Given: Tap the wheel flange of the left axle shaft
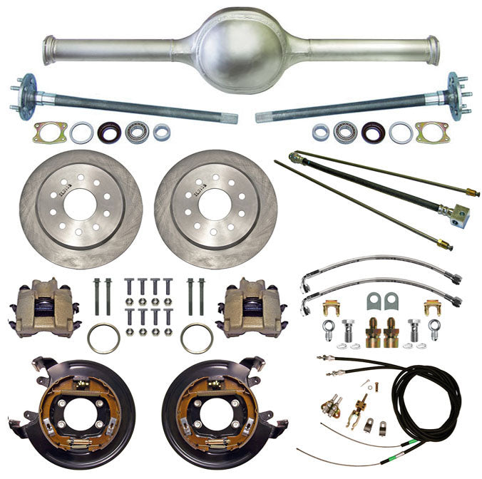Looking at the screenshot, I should (28, 91).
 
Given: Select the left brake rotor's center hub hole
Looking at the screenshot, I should (81, 202).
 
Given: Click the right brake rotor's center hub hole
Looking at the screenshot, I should (215, 202).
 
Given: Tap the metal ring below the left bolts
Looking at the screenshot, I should (103, 338).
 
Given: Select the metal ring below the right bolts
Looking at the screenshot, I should (196, 338).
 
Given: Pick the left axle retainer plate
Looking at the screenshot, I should (50, 132).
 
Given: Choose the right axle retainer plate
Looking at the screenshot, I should (433, 132).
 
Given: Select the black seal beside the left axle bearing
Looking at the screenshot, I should (109, 132).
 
